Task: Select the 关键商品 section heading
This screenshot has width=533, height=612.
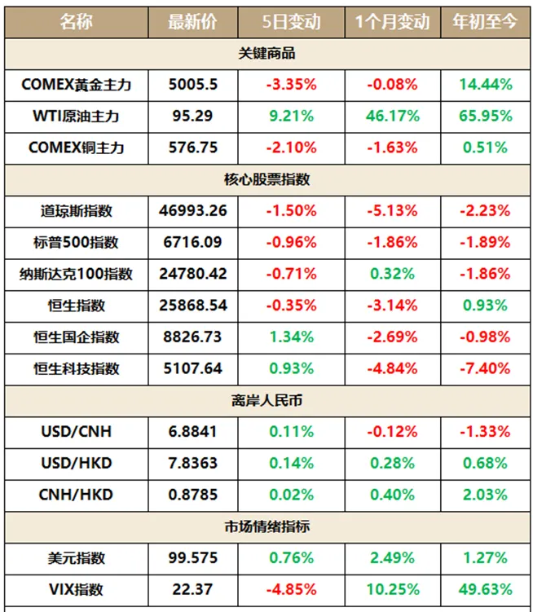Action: (266, 54)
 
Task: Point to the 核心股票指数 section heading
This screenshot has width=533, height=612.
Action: (266, 179)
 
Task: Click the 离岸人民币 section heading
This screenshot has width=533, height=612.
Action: (266, 401)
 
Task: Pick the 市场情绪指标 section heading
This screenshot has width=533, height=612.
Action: (266, 526)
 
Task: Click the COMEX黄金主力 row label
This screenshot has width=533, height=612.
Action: (77, 84)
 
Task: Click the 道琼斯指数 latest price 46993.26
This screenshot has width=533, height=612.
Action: (192, 210)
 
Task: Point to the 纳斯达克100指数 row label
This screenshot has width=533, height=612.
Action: (77, 274)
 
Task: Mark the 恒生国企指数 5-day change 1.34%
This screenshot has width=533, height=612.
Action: (290, 337)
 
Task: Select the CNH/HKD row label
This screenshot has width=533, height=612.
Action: (77, 495)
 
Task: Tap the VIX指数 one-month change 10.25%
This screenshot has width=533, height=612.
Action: (392, 589)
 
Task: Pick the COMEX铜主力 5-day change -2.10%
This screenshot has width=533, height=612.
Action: (290, 147)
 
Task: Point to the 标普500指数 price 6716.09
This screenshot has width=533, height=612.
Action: (192, 242)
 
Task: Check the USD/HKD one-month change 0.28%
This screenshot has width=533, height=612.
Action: (392, 463)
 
